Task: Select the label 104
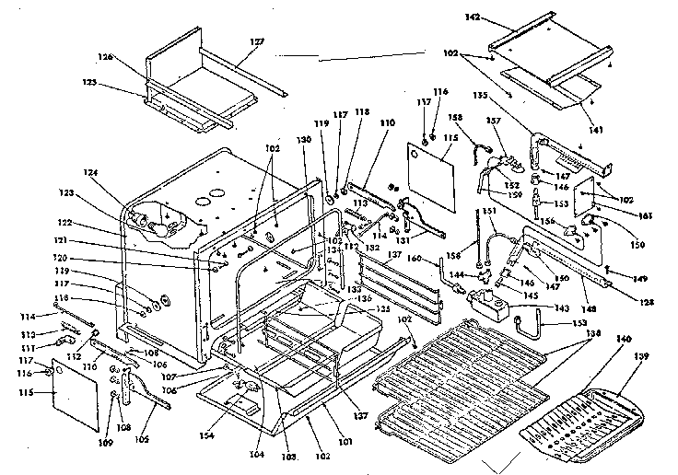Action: pyautogui.click(x=256, y=454)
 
